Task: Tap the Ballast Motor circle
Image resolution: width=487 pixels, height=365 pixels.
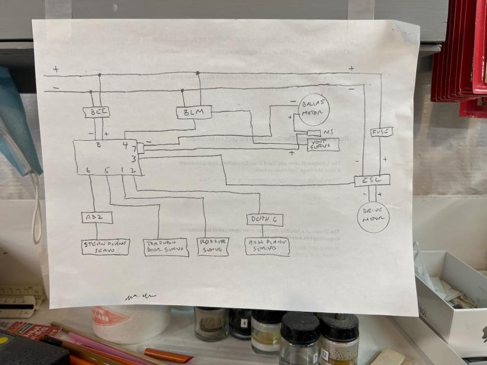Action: click(311, 109)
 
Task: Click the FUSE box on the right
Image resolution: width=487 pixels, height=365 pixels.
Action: click(378, 133)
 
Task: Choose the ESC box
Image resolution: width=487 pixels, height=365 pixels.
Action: click(372, 180)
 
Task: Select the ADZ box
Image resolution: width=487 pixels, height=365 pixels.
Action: click(96, 218)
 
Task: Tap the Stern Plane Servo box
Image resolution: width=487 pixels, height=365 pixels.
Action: click(105, 247)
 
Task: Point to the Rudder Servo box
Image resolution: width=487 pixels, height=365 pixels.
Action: click(213, 247)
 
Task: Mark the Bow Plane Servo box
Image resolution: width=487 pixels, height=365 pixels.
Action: click(267, 247)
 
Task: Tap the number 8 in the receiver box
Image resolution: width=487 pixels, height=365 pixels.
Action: click(98, 145)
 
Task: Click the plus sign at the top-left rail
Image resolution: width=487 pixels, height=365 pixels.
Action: click(56, 69)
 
